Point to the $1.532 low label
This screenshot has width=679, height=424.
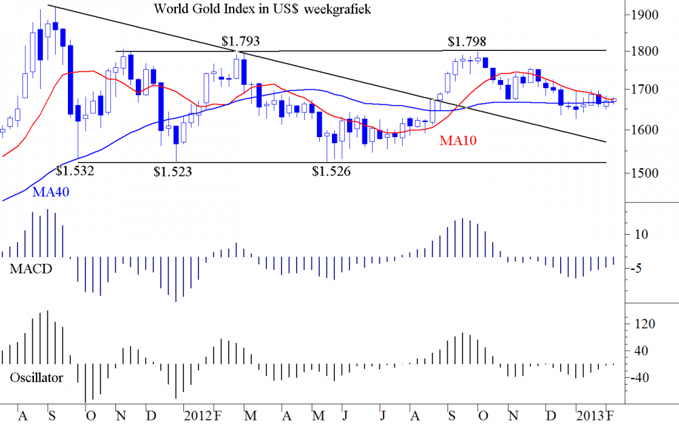[75, 170]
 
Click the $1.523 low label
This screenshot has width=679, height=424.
[173, 172]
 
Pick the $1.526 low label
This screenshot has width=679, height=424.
[331, 172]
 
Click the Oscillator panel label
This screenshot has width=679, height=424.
[37, 377]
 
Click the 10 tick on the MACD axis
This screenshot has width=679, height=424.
[641, 235]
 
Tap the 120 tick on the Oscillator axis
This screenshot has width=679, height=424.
[644, 324]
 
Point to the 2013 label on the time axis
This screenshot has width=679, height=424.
[588, 414]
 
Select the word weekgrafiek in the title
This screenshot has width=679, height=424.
[337, 9]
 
